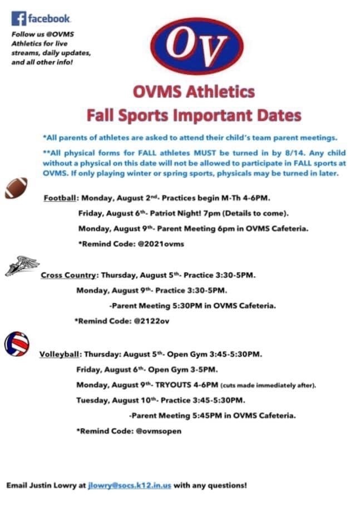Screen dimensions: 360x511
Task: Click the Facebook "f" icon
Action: (18, 18)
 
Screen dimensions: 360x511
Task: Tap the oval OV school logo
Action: (197, 46)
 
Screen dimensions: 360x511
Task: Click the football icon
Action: (16, 188)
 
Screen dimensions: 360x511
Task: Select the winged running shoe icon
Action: (22, 266)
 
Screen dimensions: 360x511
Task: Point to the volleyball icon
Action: (17, 344)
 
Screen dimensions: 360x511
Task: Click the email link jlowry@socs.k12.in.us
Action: (129, 485)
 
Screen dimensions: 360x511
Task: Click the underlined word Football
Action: (60, 198)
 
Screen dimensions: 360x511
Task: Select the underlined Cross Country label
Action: (68, 275)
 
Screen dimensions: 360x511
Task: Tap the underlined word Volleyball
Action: (60, 354)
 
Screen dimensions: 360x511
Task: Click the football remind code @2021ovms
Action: (161, 244)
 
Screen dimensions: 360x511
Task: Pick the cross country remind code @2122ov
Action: (151, 321)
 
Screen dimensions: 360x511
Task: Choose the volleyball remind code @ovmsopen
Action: (159, 431)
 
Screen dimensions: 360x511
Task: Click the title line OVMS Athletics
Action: (194, 92)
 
